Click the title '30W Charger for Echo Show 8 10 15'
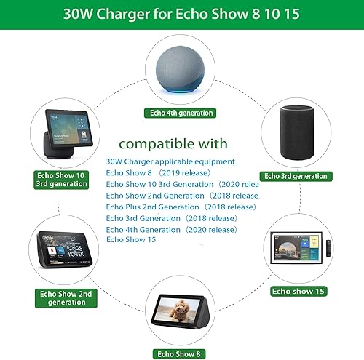click(182, 14)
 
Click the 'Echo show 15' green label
click(299, 291)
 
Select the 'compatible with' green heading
click(173, 143)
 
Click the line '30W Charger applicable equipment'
click(170, 161)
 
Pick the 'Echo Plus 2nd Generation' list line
click(181, 207)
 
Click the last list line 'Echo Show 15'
click(131, 239)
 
